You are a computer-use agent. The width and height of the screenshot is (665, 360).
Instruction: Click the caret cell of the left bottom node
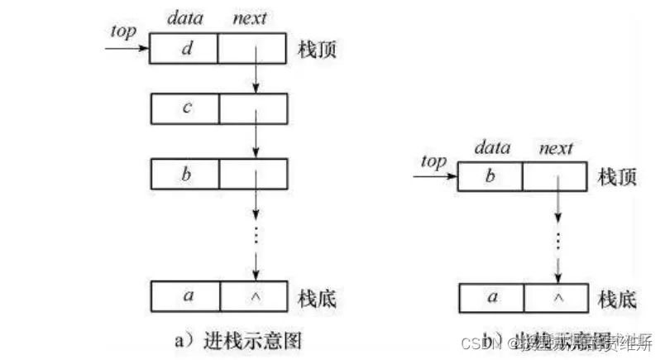(253, 295)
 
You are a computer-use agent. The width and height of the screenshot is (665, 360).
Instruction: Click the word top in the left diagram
(122, 31)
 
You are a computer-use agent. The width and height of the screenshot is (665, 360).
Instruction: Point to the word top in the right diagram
(433, 161)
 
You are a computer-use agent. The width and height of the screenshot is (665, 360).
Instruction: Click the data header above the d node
(184, 17)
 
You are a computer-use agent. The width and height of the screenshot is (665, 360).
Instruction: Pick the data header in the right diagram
(490, 148)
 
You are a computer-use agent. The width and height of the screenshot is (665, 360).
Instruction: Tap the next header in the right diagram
(555, 148)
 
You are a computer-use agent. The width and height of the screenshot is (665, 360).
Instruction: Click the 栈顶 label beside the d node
(316, 50)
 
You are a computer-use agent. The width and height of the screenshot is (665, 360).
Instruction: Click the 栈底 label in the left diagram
(316, 295)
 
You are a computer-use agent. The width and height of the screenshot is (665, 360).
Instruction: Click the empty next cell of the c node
(253, 108)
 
